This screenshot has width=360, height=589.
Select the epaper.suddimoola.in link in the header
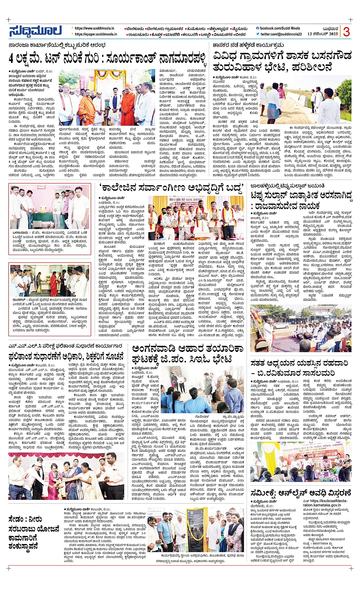(96, 34)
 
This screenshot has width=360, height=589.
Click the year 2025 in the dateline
(333, 34)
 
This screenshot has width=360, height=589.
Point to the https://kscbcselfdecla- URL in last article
(326, 501)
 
